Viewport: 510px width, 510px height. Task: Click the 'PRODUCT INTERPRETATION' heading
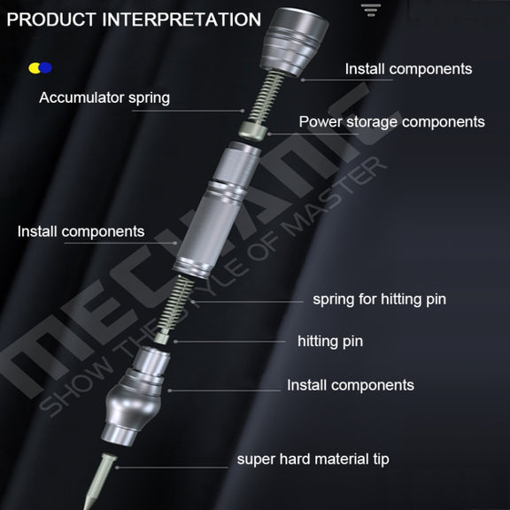[x=134, y=19]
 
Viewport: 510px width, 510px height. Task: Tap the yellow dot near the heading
[x=34, y=68]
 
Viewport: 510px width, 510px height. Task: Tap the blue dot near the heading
[x=46, y=68]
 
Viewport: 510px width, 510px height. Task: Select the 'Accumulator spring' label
[x=104, y=97]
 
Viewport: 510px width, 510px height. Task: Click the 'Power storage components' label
[x=392, y=122]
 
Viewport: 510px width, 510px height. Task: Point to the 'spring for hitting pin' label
[x=379, y=299]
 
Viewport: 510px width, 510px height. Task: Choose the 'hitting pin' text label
[x=330, y=342]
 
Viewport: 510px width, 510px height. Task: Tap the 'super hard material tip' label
[x=313, y=460]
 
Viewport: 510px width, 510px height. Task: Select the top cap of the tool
[x=294, y=42]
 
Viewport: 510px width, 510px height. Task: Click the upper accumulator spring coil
[x=266, y=97]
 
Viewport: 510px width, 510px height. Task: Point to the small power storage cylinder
[x=253, y=130]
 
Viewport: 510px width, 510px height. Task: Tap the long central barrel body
[x=217, y=210]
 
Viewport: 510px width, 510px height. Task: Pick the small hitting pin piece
[x=162, y=337]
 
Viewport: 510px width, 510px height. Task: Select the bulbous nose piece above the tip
[x=135, y=396]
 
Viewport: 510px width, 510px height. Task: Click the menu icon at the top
[x=371, y=10]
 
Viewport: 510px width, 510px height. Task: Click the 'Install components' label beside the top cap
[x=408, y=69]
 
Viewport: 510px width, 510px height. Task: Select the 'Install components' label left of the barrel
[x=81, y=232]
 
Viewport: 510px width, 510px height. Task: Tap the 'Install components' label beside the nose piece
[x=351, y=385]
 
